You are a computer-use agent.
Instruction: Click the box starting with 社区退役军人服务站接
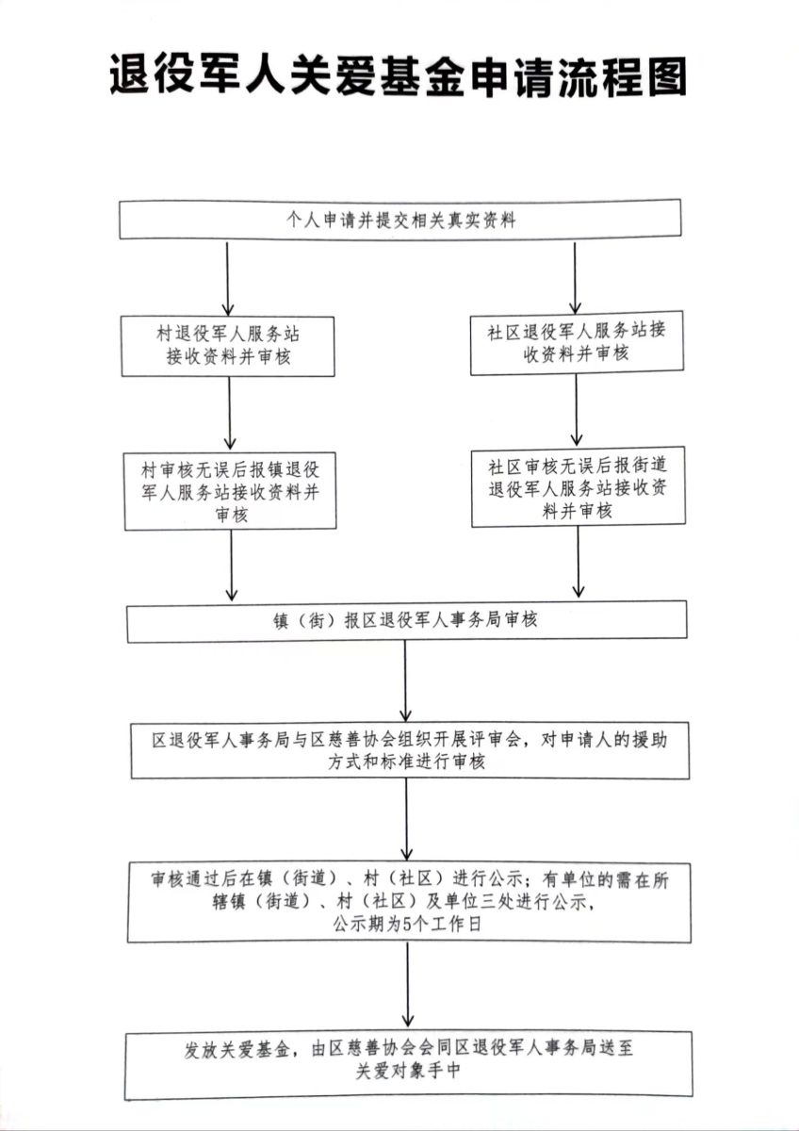click(577, 342)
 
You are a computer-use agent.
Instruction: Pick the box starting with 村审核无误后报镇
click(232, 491)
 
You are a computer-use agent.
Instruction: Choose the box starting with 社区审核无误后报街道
click(578, 487)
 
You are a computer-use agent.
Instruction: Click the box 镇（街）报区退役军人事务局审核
click(407, 621)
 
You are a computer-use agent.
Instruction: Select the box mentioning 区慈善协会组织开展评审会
click(410, 751)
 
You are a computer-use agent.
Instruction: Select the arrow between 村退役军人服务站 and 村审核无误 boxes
click(230, 414)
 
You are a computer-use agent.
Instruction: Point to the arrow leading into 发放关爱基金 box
click(408, 986)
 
